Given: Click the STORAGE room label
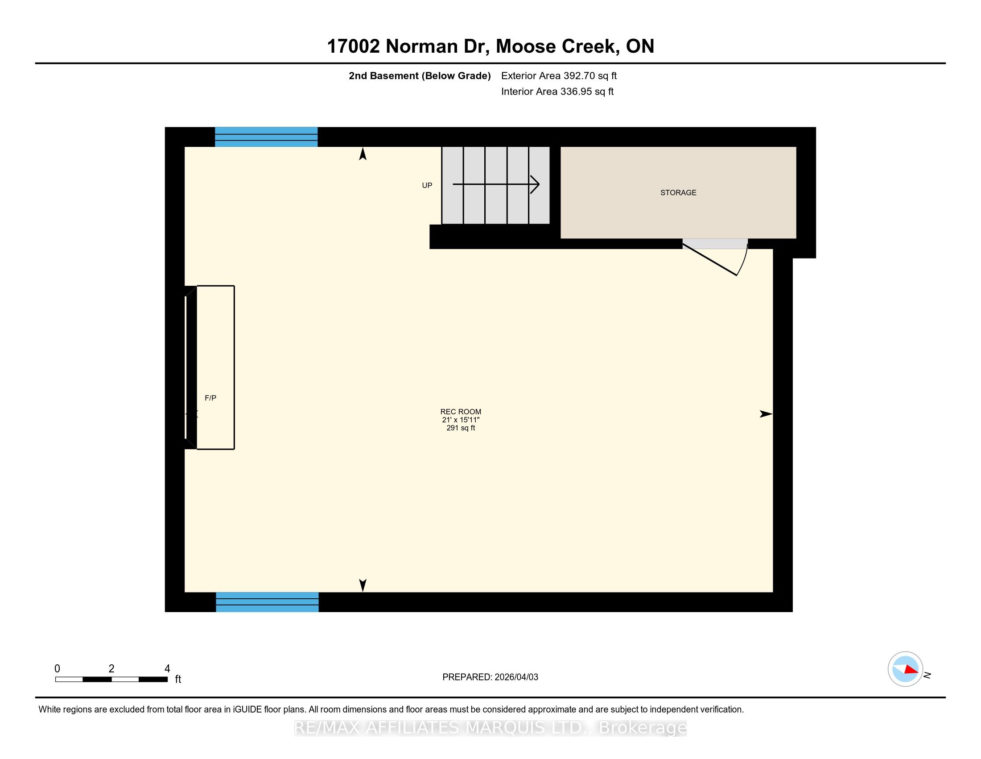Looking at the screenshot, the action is [678, 192].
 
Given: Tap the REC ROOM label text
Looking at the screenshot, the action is [461, 412].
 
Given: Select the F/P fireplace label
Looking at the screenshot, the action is [210, 398].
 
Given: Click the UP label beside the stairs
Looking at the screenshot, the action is [427, 185].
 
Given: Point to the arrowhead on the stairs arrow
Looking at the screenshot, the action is [536, 184].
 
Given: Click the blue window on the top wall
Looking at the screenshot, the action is [266, 137].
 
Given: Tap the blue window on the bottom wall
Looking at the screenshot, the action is [267, 602].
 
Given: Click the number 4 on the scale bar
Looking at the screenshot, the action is [167, 669].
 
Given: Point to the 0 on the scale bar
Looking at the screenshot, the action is [57, 669].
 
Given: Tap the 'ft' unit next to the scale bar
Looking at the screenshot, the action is [178, 679].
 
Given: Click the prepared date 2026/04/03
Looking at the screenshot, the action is [515, 677].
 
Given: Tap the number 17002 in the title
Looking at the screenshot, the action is [354, 46].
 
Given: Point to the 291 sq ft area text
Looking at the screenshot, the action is [461, 428].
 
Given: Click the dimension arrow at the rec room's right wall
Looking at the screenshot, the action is [766, 414].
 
